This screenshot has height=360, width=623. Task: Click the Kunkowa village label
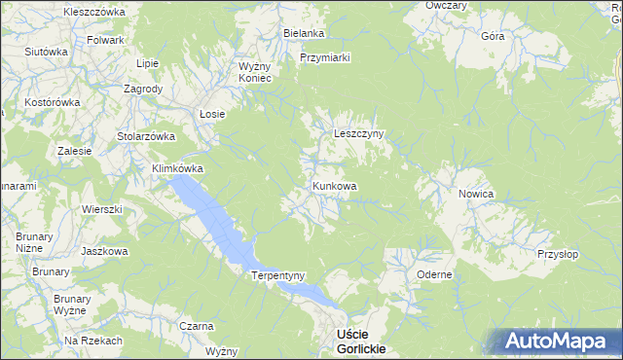pos(334,186)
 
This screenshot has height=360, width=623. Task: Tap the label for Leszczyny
pos(360,134)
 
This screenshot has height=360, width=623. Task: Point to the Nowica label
pos(476,195)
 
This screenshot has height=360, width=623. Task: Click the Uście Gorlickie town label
pos(359,341)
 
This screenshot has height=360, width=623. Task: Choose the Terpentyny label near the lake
pos(279,275)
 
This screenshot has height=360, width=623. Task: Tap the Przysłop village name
pos(557,254)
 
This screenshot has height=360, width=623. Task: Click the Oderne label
pos(434,274)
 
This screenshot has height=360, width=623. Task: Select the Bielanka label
pos(304,33)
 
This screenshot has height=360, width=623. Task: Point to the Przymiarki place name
pos(325,57)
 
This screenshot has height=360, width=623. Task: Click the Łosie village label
pos(212,114)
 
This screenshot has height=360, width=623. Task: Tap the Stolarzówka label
pos(145,136)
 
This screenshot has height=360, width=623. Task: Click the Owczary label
pos(446,6)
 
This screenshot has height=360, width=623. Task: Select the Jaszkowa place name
pos(106,251)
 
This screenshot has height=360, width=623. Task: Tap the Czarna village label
pos(197,326)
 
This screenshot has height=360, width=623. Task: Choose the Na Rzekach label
pos(93,341)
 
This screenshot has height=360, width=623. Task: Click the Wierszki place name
pos(101,209)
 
